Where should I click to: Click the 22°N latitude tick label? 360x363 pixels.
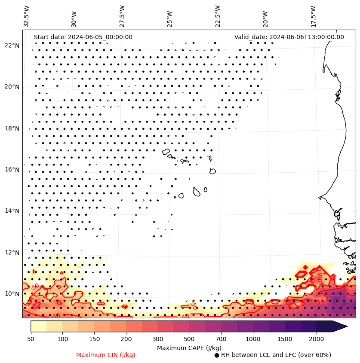click(x=12, y=46)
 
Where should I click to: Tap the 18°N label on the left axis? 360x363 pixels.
click(x=12, y=128)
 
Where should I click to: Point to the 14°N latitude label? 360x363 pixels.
click(x=12, y=211)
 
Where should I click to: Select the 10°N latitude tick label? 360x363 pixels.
click(x=12, y=294)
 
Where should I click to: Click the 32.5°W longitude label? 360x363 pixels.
click(x=27, y=16)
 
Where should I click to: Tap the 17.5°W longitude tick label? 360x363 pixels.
click(x=313, y=16)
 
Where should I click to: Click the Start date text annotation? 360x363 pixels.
click(x=83, y=37)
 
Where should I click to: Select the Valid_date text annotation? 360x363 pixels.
click(x=289, y=37)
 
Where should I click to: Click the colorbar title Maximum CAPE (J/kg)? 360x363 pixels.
click(x=189, y=348)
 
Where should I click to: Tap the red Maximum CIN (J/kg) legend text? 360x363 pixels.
click(x=106, y=355)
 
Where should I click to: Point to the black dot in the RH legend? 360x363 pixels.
click(x=217, y=355)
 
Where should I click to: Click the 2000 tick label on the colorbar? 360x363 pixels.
click(x=317, y=339)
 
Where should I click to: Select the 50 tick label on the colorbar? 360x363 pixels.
click(x=31, y=339)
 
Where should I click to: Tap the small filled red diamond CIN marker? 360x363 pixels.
click(x=305, y=267)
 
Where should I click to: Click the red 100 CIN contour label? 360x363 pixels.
click(x=320, y=277)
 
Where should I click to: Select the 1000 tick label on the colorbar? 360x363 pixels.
click(x=253, y=339)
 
